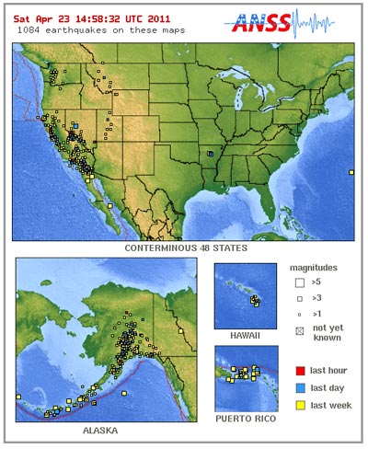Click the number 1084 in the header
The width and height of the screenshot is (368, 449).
(x=29, y=29)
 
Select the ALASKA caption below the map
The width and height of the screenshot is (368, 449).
(x=106, y=429)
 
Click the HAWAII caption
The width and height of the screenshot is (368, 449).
(x=246, y=336)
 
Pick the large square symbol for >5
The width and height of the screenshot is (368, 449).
(x=299, y=282)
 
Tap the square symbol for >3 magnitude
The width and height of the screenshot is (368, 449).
(x=299, y=299)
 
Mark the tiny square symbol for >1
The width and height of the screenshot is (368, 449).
(x=299, y=315)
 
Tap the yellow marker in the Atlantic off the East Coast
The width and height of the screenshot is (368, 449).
(x=351, y=172)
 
